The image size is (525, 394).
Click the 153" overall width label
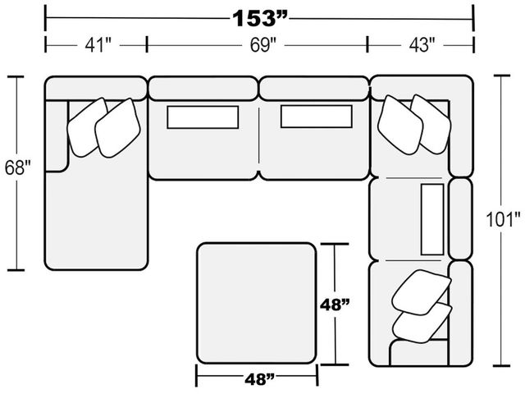click(260, 18)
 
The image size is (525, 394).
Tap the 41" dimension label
click(98, 45)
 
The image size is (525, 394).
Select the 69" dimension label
click(263, 45)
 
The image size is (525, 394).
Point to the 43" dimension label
click(422, 45)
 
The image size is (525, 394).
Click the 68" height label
click(18, 167)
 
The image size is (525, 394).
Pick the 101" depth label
click(503, 219)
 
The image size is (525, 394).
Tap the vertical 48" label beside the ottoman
click(335, 305)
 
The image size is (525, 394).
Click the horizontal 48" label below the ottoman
click(259, 379)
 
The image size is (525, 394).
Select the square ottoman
click(257, 303)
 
